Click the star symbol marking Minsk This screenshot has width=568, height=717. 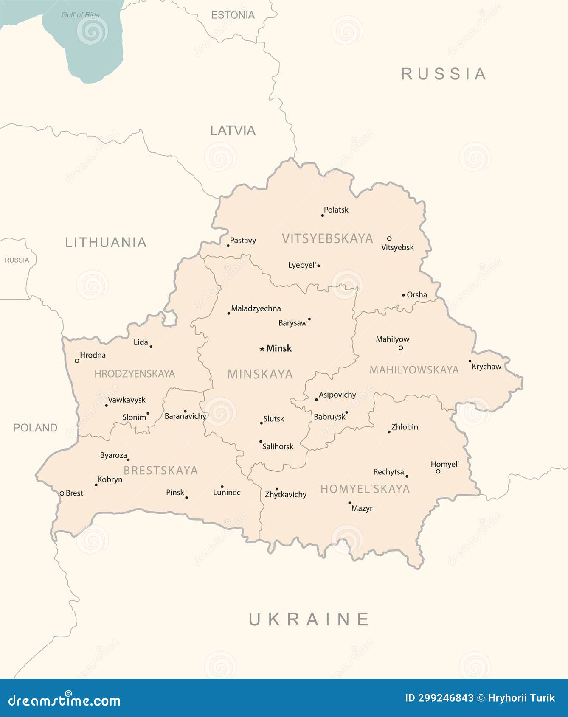(262, 349)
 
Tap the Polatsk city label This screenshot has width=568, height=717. (336, 210)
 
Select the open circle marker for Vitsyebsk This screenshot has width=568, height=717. (389, 238)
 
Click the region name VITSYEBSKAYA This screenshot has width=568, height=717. (327, 238)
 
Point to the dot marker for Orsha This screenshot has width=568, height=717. (403, 295)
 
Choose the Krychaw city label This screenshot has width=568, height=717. (486, 367)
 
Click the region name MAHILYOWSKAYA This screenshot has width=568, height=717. (414, 370)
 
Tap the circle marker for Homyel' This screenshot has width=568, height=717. (438, 471)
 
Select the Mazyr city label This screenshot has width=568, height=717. (362, 508)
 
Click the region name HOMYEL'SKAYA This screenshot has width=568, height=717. (365, 489)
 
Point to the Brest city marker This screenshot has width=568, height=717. (62, 493)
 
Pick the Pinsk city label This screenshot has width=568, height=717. (175, 492)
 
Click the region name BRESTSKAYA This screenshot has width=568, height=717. (160, 471)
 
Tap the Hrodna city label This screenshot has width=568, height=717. (93, 355)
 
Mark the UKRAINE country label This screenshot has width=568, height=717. (309, 619)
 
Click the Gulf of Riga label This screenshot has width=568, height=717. (81, 15)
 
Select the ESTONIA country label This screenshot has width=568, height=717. (233, 15)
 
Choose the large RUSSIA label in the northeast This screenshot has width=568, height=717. (444, 74)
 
